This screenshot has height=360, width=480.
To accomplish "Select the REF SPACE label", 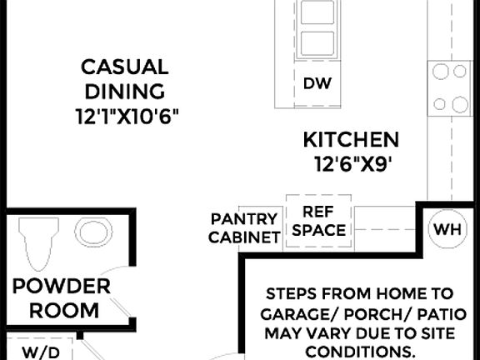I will (x=318, y=221).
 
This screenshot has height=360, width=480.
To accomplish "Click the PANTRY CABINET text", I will (x=244, y=227).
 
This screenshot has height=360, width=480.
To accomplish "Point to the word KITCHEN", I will (x=350, y=139).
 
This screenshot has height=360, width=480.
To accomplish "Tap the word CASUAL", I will (x=124, y=67).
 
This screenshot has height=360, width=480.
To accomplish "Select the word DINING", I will (x=123, y=91).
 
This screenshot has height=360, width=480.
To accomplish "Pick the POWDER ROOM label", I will (x=62, y=298).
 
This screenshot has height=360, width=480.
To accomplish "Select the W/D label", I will (x=40, y=352).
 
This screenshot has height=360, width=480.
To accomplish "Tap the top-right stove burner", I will (x=459, y=72).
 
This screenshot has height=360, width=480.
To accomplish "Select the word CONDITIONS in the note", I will (x=361, y=351).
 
